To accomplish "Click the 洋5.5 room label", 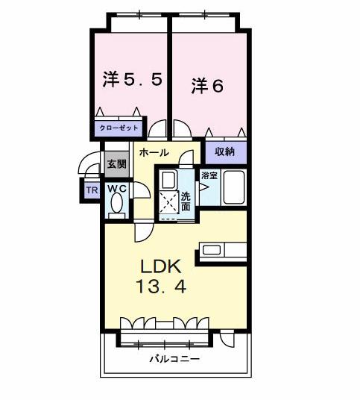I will coord(131,79).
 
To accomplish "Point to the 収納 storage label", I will coord(225,151).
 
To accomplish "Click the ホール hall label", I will coord(154,152).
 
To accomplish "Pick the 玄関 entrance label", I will coord(116,164).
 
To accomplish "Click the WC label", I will coord(118,189).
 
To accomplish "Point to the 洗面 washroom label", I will coord(186,201).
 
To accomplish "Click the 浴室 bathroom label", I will coord(209,176).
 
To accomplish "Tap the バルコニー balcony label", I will coord(173,359).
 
